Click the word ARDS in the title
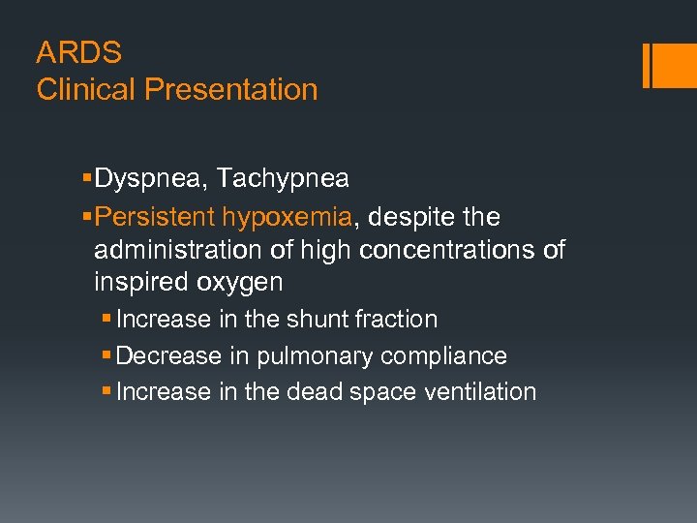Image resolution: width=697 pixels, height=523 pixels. point(78,51)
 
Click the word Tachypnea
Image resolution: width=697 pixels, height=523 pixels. point(283,179)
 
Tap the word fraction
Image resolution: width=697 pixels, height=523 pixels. point(398,320)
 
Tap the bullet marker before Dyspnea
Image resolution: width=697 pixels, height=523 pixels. point(88,179)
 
